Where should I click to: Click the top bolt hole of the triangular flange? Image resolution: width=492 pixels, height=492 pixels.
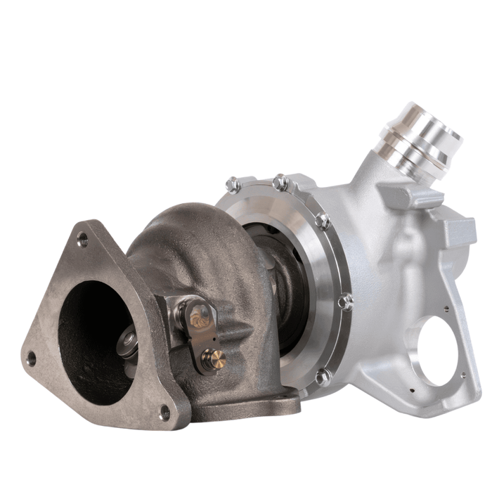point(83,240)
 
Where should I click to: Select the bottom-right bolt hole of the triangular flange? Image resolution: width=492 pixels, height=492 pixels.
point(164,411)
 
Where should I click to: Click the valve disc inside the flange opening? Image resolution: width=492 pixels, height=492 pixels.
point(129,342)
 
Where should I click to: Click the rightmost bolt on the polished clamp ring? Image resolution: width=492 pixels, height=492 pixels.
point(345,302)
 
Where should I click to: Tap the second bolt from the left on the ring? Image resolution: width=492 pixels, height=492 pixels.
point(280,181)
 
